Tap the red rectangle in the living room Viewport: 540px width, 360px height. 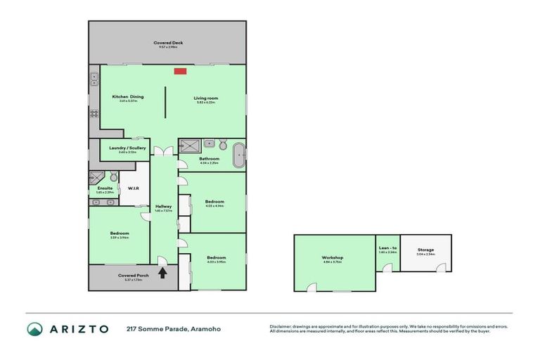tap(180, 70)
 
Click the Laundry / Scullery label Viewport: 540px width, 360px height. tap(127, 148)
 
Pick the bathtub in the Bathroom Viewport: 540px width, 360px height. tap(238, 151)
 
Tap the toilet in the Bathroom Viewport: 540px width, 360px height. tap(222, 145)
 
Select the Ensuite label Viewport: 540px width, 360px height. tap(105, 188)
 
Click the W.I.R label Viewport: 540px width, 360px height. tap(133, 188)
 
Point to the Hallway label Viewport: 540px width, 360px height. tap(164, 206)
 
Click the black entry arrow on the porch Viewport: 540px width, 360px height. tap(163, 273)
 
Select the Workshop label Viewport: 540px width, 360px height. tap(332, 258)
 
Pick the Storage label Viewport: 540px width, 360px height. tap(425, 250)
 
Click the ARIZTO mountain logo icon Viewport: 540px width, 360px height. tap(36, 328)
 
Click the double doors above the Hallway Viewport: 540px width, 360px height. tap(163, 151)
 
